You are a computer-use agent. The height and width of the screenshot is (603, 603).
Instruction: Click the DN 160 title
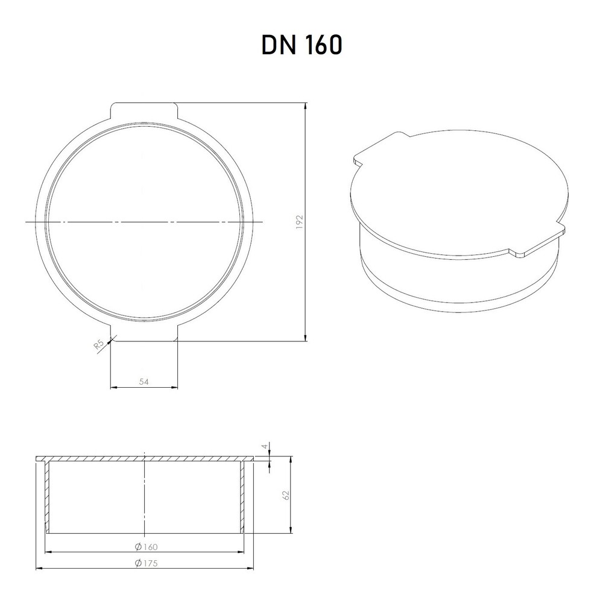point(301,45)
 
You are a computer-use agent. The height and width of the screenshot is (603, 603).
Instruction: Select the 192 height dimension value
point(300,223)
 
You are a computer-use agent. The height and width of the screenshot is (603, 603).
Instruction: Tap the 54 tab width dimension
point(144,382)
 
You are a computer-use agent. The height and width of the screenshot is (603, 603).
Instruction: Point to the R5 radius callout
point(99,345)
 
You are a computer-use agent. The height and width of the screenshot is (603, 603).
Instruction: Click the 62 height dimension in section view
point(286,495)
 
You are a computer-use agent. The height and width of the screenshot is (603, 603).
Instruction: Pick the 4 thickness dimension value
point(264,446)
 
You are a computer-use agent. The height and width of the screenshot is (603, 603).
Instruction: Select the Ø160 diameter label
point(146,546)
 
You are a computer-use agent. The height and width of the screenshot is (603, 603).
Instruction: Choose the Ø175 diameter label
point(146,563)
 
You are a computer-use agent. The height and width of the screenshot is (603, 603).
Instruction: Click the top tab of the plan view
point(144,110)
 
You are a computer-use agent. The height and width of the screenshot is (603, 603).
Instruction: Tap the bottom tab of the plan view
point(144,334)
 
